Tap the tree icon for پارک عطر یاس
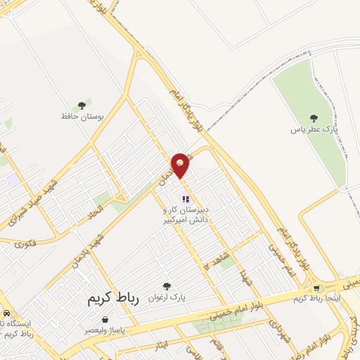coord(314,118)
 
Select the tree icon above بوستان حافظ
coord(82,105)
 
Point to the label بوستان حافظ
coord(82,117)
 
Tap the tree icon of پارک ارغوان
coord(167,286)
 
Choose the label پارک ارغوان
coord(166,298)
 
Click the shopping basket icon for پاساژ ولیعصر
coord(105,319)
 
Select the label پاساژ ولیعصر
coord(105,330)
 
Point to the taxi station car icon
coord(6,312)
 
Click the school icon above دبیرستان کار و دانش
coord(186,199)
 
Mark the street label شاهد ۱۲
coord(215,257)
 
